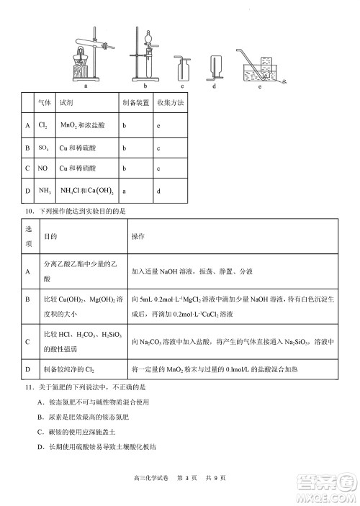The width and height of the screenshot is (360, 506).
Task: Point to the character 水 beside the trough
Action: tap(283, 82)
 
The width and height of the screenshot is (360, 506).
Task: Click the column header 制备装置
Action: tap(135, 104)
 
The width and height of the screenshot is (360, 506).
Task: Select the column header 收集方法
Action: tap(170, 104)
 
